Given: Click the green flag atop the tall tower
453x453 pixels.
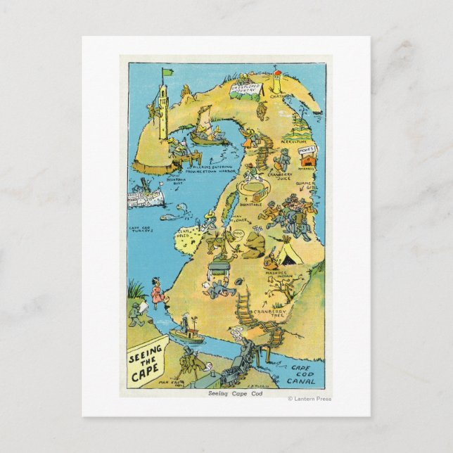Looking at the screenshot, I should click(167, 71).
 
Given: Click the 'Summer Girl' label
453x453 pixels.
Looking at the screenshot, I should click(304, 186).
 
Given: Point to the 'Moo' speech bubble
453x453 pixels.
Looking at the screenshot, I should click(238, 233).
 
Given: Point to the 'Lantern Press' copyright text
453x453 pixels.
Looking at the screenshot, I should click(310, 399).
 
